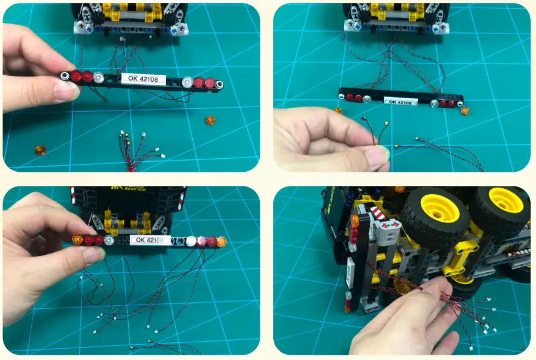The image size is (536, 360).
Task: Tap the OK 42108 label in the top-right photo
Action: [401, 101]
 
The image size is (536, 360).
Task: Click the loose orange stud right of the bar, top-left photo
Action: [209, 121]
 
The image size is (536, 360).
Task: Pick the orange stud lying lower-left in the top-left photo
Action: [40, 150]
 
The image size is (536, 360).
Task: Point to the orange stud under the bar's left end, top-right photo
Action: [338, 110]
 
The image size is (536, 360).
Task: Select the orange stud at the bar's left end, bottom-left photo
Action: [78, 239]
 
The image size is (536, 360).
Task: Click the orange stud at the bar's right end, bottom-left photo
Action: [222, 241]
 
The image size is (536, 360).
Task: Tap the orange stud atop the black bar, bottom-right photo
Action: [354, 221]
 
